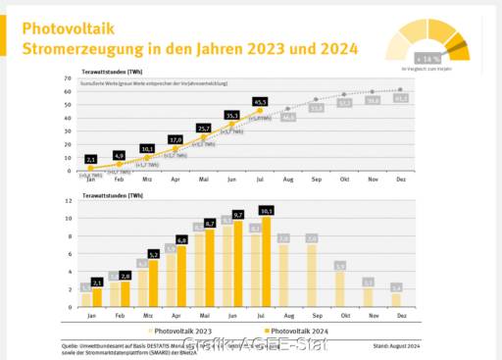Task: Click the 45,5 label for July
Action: point(260,101)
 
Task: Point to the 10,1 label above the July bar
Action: point(266,210)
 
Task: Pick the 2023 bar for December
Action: point(395,299)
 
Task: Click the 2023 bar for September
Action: point(311,276)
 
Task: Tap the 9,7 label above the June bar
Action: point(237,214)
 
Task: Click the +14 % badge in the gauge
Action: point(426,58)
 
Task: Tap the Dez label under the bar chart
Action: point(396,317)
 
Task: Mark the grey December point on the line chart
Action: point(400,89)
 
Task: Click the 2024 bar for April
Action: point(181,276)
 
